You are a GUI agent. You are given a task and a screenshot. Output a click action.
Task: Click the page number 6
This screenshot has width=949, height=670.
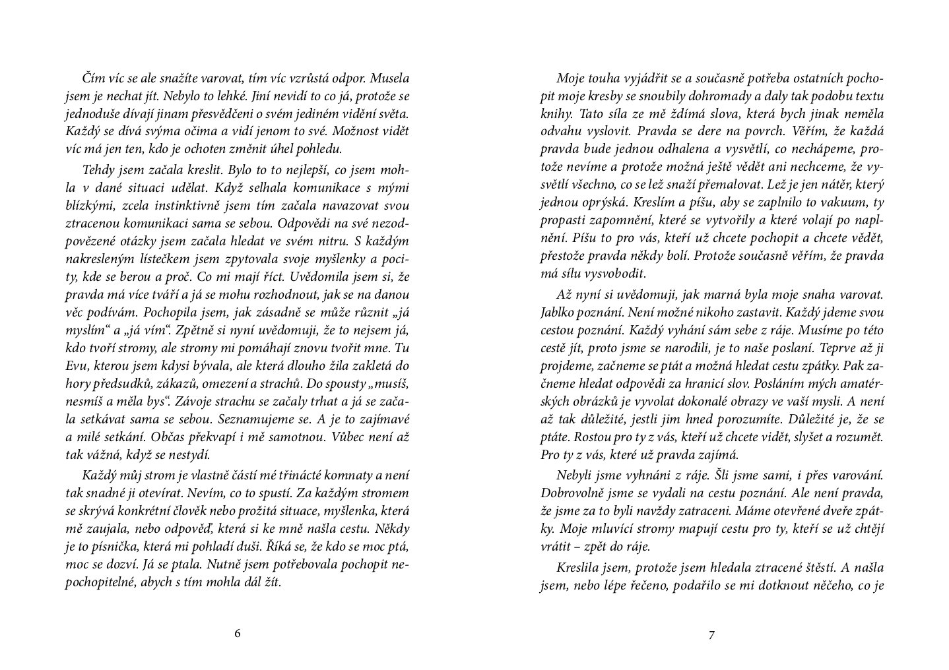click(x=238, y=634)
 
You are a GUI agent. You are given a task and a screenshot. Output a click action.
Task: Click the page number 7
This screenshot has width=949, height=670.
click(x=711, y=635)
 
